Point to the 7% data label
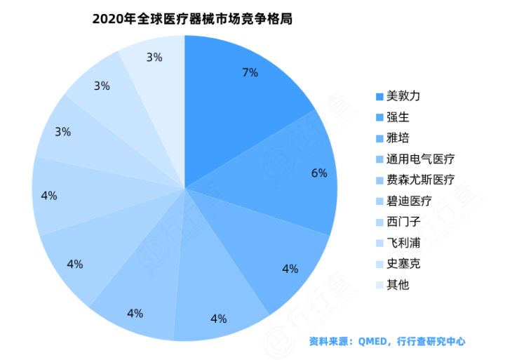(250, 72)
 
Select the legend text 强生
(397, 116)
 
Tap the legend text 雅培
(397, 138)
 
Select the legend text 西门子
(403, 222)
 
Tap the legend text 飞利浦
(403, 243)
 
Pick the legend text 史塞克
(403, 264)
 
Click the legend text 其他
(397, 285)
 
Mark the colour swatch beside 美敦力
(379, 96)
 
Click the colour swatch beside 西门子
(379, 222)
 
